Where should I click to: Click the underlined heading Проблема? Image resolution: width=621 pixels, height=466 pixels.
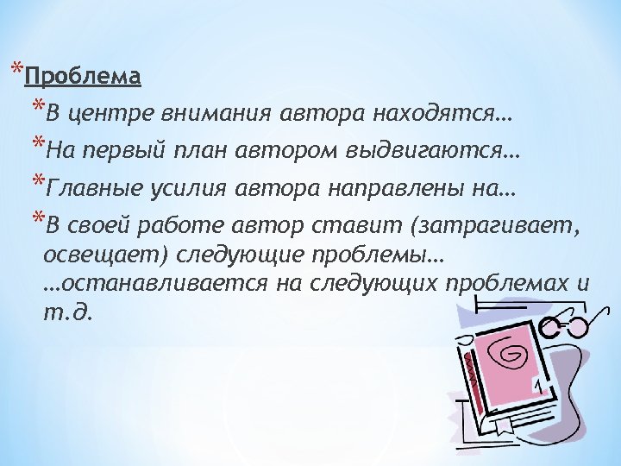(83, 79)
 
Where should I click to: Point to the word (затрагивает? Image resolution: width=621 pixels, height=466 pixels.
(491, 227)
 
